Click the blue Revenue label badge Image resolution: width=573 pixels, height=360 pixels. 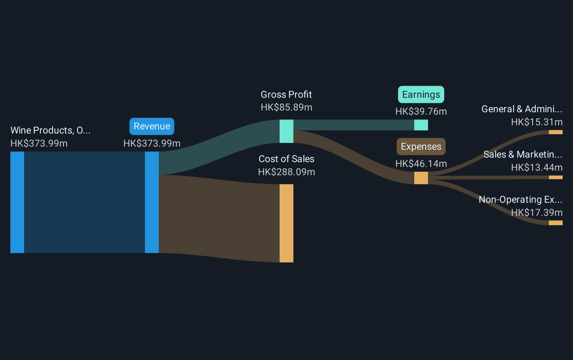click(x=152, y=126)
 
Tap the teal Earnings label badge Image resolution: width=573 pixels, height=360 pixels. click(x=421, y=94)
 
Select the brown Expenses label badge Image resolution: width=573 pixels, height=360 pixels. click(x=421, y=147)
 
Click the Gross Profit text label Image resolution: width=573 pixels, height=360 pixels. click(x=286, y=95)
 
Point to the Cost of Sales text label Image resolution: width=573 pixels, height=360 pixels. click(x=286, y=159)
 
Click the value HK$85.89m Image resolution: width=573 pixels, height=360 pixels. click(x=286, y=107)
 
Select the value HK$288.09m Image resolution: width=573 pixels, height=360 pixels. click(x=286, y=172)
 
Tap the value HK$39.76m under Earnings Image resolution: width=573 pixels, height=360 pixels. click(x=421, y=112)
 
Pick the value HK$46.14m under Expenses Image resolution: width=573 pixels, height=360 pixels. click(x=421, y=163)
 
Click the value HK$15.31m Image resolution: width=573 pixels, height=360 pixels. click(x=537, y=122)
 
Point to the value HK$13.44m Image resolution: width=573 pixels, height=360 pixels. click(x=537, y=168)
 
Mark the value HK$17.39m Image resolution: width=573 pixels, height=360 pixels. click(x=537, y=212)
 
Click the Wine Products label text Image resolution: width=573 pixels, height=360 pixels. click(x=50, y=130)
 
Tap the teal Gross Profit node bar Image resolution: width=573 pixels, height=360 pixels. click(x=286, y=131)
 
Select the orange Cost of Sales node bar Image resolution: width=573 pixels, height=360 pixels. click(x=286, y=223)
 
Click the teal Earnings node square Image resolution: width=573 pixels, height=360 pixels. click(x=421, y=125)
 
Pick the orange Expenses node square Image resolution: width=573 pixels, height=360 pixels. click(x=421, y=178)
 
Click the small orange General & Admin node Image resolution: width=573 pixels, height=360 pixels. click(x=555, y=132)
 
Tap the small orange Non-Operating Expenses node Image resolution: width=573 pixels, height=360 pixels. click(x=555, y=223)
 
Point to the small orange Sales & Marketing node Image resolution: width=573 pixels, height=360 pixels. click(x=555, y=178)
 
